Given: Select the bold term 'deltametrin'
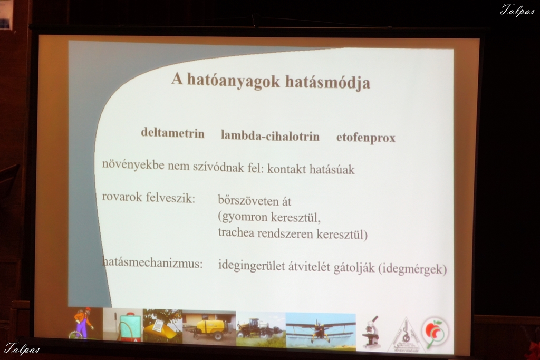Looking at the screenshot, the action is click(172, 133).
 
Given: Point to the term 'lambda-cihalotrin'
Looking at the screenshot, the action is click(270, 136).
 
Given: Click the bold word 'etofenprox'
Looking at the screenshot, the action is click(366, 138).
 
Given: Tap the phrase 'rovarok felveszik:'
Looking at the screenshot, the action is click(148, 198).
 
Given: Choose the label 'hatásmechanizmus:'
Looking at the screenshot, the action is click(152, 264).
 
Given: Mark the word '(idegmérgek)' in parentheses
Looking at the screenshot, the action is click(412, 269).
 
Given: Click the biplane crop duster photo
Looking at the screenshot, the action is click(321, 330).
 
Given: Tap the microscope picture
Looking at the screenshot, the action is click(371, 332).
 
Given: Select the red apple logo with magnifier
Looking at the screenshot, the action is click(435, 333).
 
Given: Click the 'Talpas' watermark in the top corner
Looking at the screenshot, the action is click(518, 10).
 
